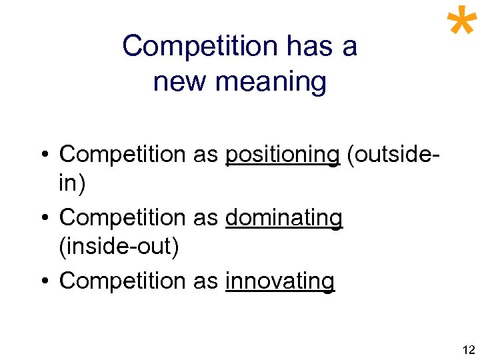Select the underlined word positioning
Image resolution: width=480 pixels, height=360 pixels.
click(x=283, y=154)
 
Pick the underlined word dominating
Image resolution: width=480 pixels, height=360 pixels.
click(x=284, y=217)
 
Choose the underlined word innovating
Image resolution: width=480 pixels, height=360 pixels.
click(x=280, y=281)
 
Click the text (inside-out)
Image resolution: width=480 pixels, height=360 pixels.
click(x=119, y=247)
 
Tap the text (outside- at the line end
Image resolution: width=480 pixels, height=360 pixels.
click(x=393, y=154)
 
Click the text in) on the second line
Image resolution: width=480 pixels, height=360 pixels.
click(x=72, y=183)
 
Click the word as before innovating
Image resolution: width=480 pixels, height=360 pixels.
click(x=205, y=281)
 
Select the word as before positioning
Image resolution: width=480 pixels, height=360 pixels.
click(x=205, y=154)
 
